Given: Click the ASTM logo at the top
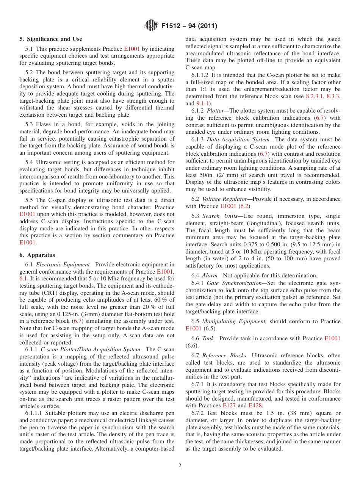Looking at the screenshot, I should coord(152,26).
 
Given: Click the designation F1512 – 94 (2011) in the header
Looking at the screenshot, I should coord(189,26).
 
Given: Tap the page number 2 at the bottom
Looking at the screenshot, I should coord(180,466).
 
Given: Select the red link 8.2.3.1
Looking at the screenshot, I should coord(315,96).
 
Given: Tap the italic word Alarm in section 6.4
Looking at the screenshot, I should coord(209,276).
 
